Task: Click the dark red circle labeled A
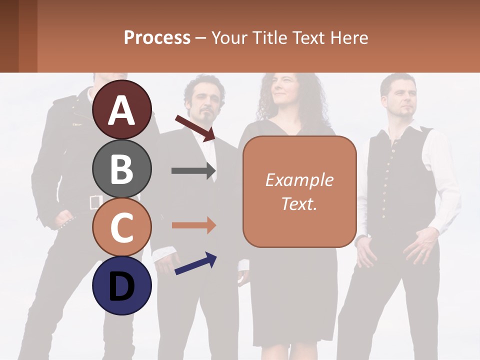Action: coord(122,109)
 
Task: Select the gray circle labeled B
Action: coord(122,168)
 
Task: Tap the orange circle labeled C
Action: coord(122,227)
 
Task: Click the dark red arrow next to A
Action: coord(195,128)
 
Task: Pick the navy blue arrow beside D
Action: coord(195,263)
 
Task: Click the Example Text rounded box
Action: coord(299,191)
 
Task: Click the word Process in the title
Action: coord(157,37)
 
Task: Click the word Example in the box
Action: coord(299,180)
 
